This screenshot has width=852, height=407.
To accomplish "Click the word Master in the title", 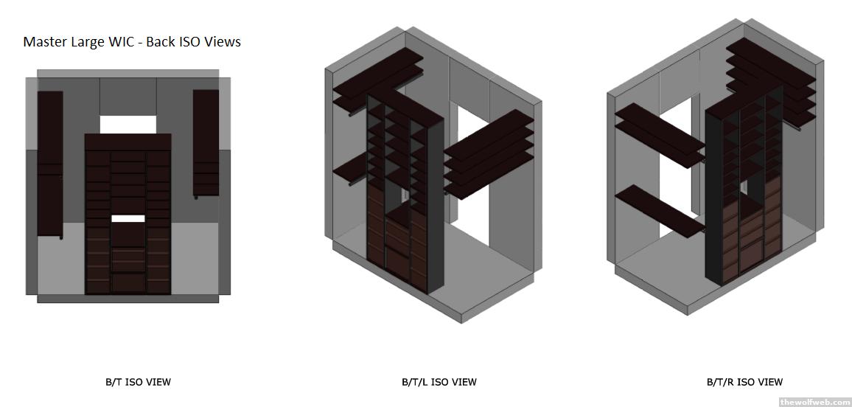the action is pyautogui.click(x=44, y=42).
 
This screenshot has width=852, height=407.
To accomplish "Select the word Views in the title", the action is pyautogui.click(x=223, y=42).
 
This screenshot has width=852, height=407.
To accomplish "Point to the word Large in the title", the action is pyautogui.click(x=85, y=42).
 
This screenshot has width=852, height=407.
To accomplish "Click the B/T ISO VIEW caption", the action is pyautogui.click(x=138, y=382).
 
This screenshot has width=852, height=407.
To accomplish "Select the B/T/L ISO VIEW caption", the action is pyautogui.click(x=439, y=382).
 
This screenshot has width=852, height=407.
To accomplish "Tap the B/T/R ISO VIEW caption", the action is pyautogui.click(x=745, y=382).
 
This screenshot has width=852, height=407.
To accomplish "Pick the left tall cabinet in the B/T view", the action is pyautogui.click(x=50, y=164).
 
